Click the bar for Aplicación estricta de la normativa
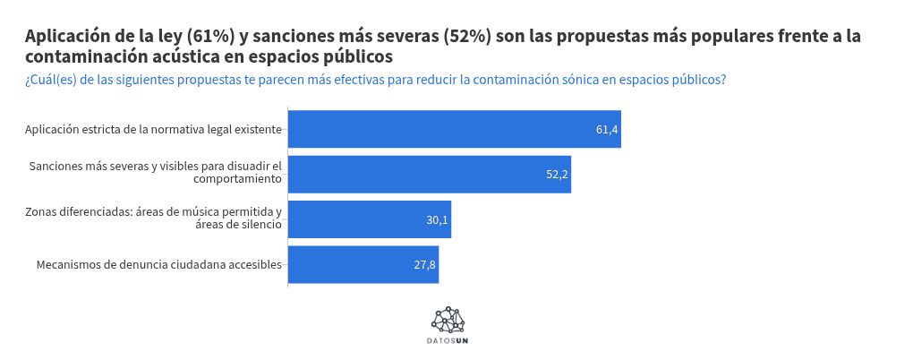(x=454, y=129)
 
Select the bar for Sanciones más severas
(x=429, y=174)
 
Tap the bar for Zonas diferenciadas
(x=369, y=219)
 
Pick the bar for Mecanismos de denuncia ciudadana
(x=363, y=264)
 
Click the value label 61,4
(x=606, y=129)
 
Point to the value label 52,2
(x=557, y=174)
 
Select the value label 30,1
(x=437, y=219)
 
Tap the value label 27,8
(x=424, y=264)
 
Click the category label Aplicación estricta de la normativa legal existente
(x=153, y=129)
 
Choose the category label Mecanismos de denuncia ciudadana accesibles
(x=159, y=264)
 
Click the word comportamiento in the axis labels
(x=237, y=179)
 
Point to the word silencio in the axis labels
(x=259, y=224)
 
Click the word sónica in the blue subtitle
(x=564, y=81)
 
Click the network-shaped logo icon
(x=448, y=319)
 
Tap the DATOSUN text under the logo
(x=448, y=340)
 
